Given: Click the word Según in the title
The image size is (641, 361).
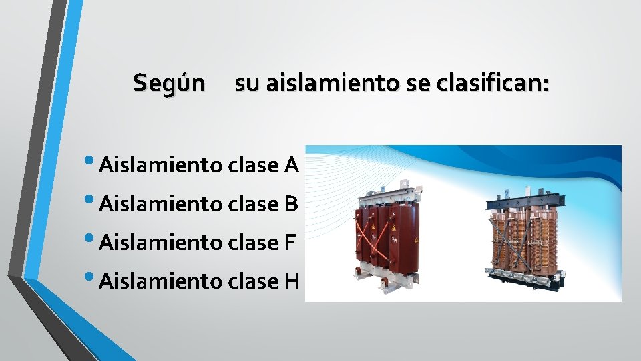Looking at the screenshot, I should [169, 84].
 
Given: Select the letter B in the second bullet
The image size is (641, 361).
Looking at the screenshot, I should [290, 203].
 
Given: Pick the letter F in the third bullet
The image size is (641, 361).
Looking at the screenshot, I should [289, 242].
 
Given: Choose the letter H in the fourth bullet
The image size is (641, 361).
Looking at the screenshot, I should [290, 281].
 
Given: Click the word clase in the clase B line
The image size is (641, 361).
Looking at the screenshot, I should [253, 203].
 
